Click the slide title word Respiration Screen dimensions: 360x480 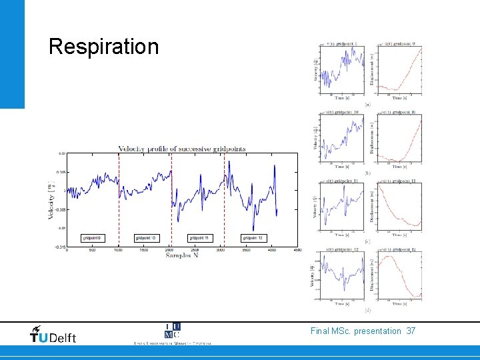pyautogui.click(x=104, y=47)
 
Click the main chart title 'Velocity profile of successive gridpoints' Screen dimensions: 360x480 pyautogui.click(x=181, y=149)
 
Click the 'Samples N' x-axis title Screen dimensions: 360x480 pyautogui.click(x=182, y=255)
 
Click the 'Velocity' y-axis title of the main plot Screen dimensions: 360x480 pyautogui.click(x=51, y=201)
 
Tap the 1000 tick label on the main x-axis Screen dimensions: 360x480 pyautogui.click(x=118, y=250)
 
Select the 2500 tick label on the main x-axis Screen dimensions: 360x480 pyautogui.click(x=195, y=250)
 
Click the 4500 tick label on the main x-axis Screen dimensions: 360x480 pyautogui.click(x=297, y=250)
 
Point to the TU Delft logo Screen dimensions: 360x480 pyautogui.click(x=53, y=336)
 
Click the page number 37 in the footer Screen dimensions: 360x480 pyautogui.click(x=410, y=331)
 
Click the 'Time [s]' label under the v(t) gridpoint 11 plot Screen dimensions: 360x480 pyautogui.click(x=341, y=235)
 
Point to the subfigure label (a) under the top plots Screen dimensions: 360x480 pyautogui.click(x=367, y=104)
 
